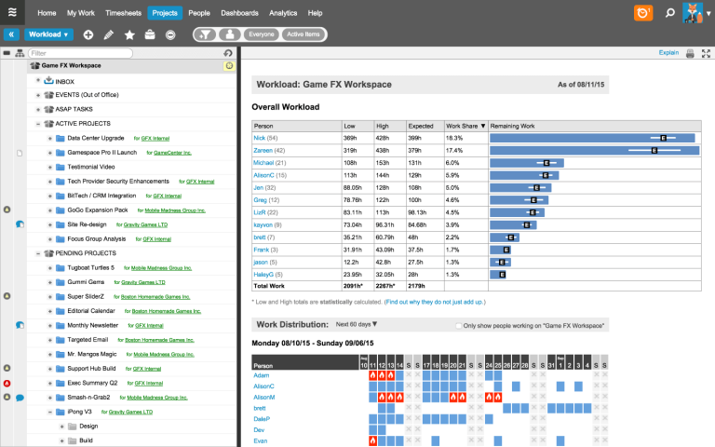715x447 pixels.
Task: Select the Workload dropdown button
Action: point(49,34)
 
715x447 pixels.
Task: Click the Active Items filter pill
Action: point(304,34)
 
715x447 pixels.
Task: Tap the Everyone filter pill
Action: point(262,34)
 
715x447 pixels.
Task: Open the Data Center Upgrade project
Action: point(97,138)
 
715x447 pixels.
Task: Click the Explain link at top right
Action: point(668,53)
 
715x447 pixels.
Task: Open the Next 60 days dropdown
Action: point(356,325)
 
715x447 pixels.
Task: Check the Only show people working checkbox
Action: point(460,326)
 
